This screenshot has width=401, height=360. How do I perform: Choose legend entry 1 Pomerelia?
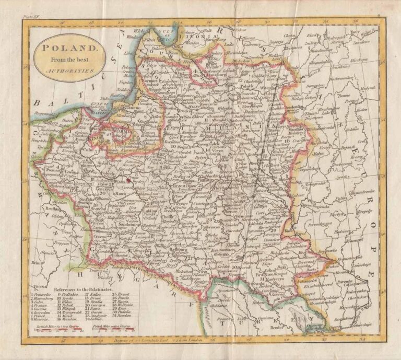click(44, 294)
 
